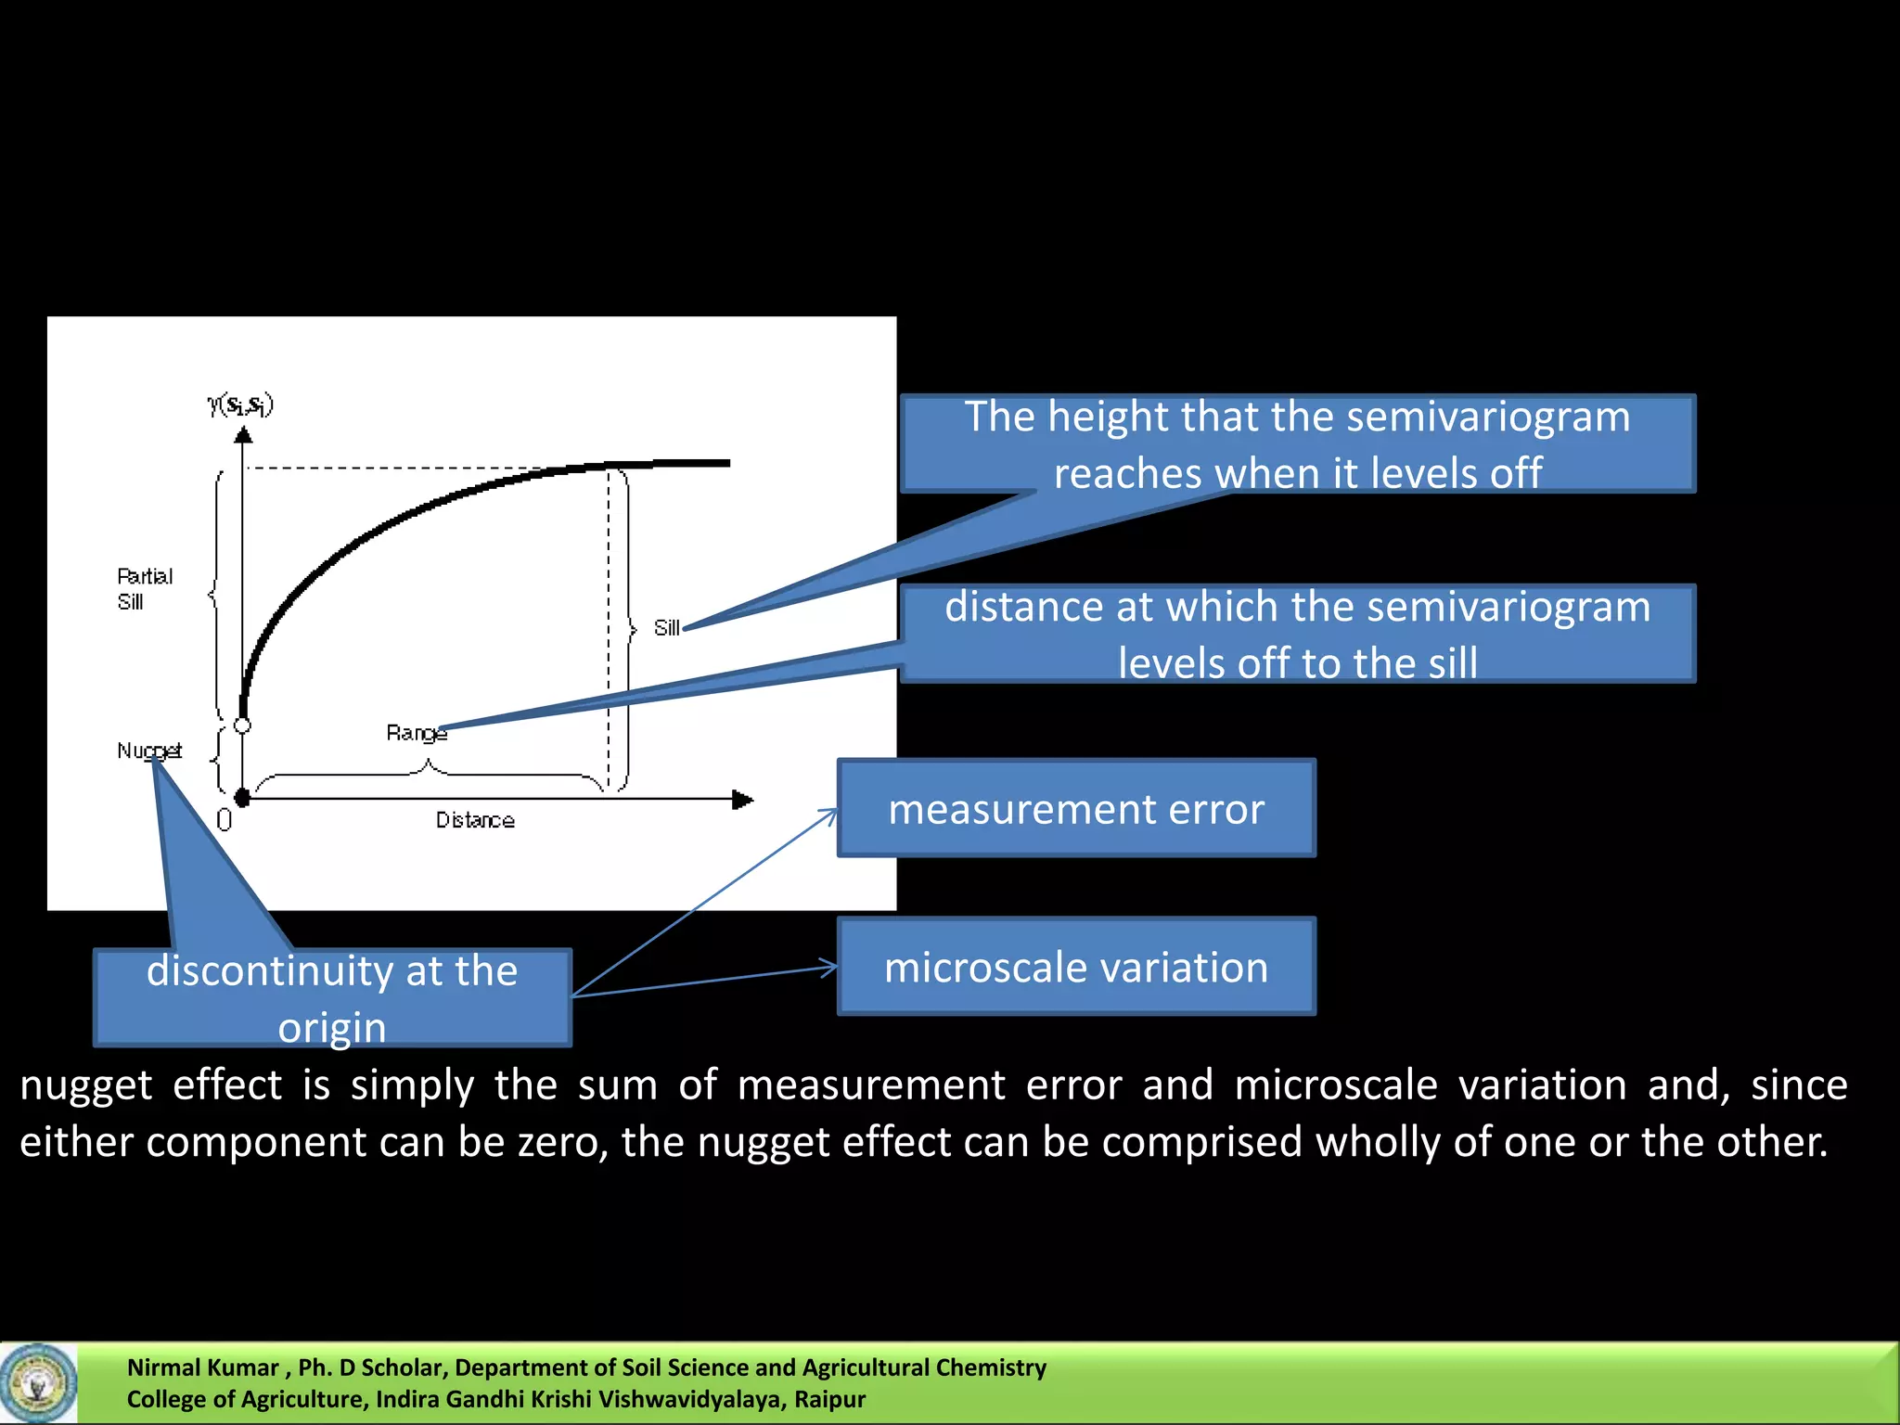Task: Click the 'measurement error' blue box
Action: point(1076,808)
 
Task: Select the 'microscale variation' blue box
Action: point(1076,967)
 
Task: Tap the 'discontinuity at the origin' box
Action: point(332,998)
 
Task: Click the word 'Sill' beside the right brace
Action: point(666,628)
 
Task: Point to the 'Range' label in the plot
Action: point(416,733)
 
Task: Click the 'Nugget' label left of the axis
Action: point(148,751)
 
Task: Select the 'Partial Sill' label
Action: point(144,589)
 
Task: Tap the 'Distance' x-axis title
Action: point(475,820)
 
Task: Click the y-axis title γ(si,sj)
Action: point(240,404)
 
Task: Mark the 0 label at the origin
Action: point(224,820)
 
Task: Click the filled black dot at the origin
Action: point(243,798)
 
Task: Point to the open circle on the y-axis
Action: point(242,725)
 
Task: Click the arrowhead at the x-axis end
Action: point(743,799)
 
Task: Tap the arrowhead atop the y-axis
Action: point(243,434)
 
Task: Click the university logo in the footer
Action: point(38,1383)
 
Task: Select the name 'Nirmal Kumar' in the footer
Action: point(202,1367)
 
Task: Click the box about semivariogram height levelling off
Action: point(1297,443)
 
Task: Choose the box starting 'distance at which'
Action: point(1297,634)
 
